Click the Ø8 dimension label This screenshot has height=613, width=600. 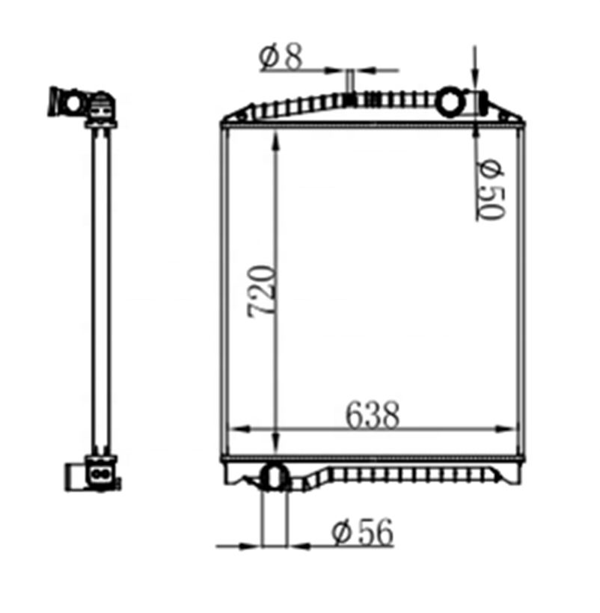pos(281,58)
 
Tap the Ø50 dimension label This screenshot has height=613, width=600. pos(492,189)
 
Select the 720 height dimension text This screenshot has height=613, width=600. pos(262,292)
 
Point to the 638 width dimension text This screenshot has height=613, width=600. pos(373,415)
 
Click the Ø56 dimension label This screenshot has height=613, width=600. pos(362,532)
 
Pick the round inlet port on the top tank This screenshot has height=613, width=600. pos(451,101)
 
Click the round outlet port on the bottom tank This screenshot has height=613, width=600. pos(275,477)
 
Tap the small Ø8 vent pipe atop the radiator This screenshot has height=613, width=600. pos(350,81)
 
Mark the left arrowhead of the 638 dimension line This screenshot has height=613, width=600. pos(239,429)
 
